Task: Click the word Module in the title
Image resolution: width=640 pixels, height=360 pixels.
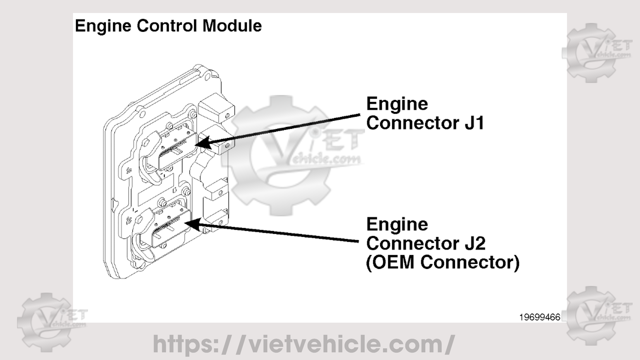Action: pyautogui.click(x=232, y=26)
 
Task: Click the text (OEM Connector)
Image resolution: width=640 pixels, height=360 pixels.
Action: pyautogui.click(x=443, y=263)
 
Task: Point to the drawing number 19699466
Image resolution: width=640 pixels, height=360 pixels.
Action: pyautogui.click(x=540, y=317)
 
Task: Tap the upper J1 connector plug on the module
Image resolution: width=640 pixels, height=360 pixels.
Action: pyautogui.click(x=177, y=150)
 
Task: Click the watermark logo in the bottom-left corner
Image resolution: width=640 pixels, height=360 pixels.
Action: pyautogui.click(x=50, y=322)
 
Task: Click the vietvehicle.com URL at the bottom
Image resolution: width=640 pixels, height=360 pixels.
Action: pyautogui.click(x=303, y=344)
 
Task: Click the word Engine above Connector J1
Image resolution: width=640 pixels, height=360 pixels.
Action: pyautogui.click(x=397, y=104)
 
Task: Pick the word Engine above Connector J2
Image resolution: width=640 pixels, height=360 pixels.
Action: pyautogui.click(x=397, y=224)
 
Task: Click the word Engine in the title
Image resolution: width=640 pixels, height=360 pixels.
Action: pyautogui.click(x=103, y=26)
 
